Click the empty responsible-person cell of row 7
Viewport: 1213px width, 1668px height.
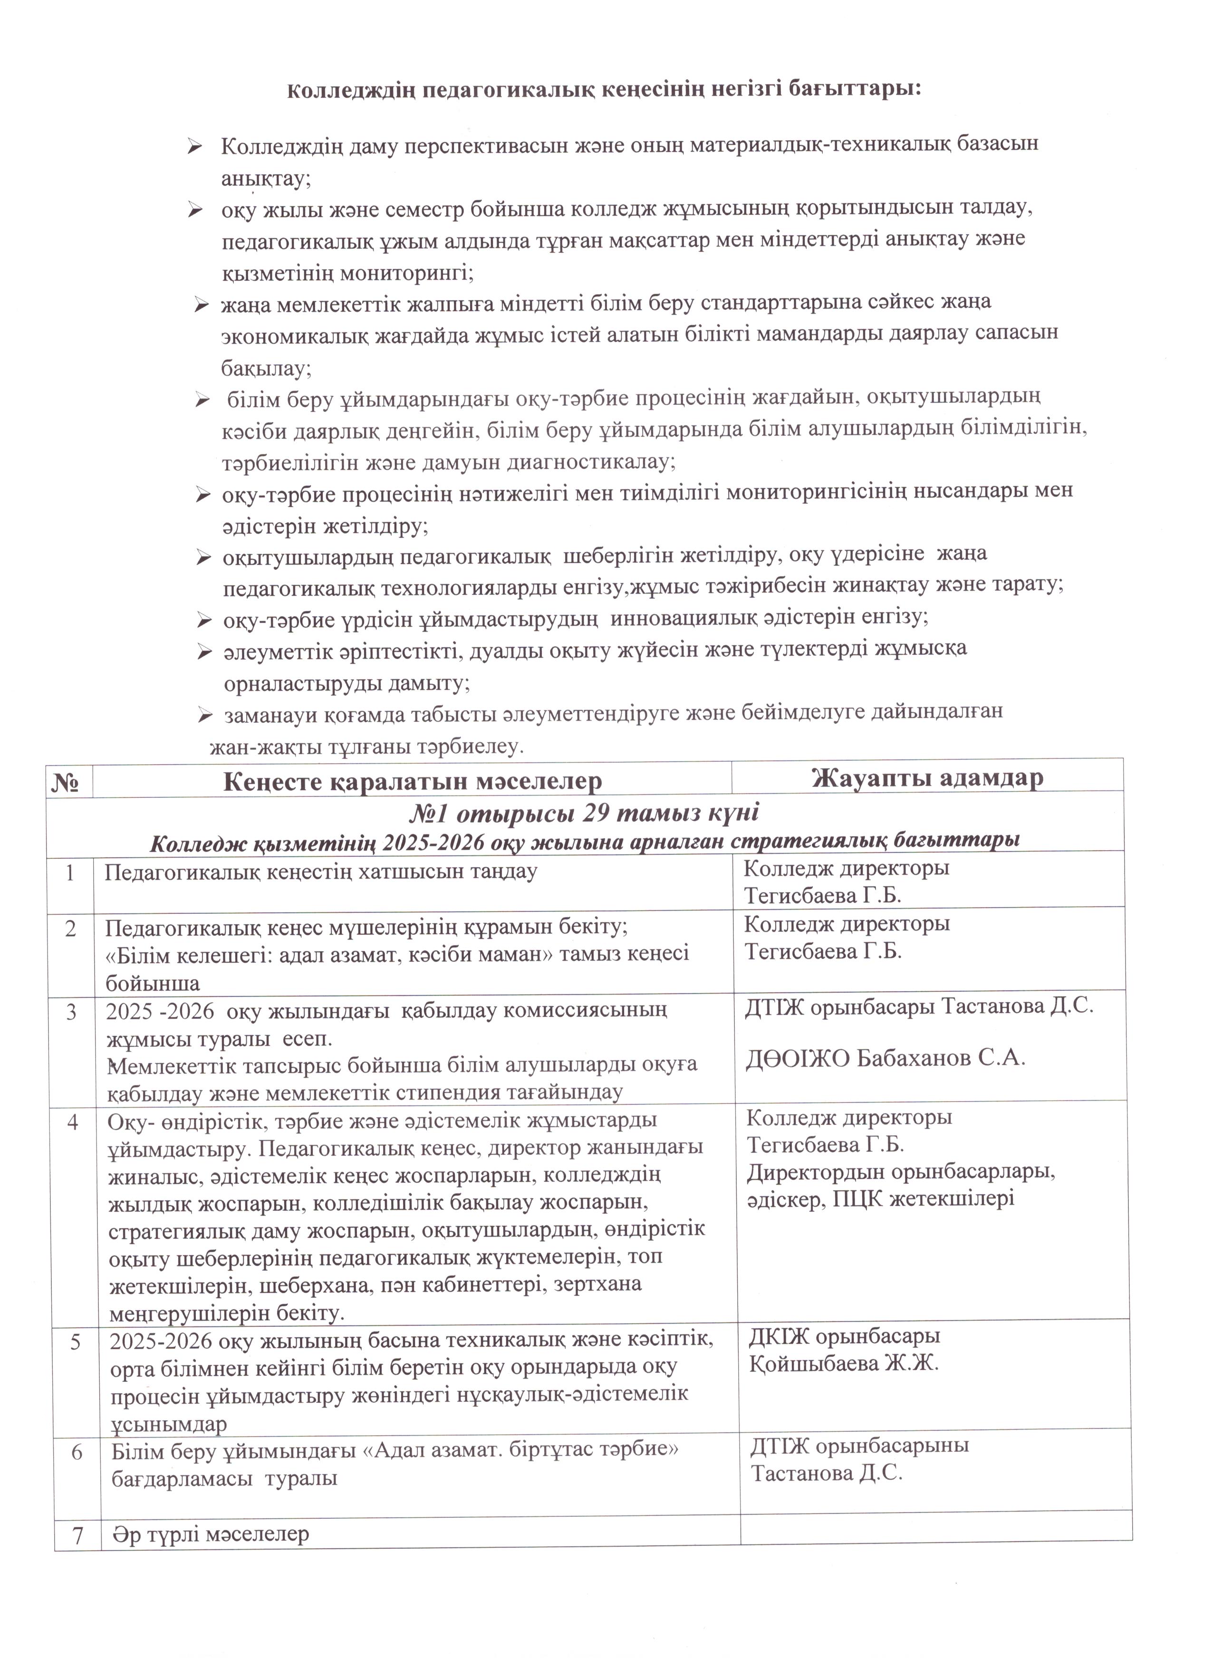(936, 1534)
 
